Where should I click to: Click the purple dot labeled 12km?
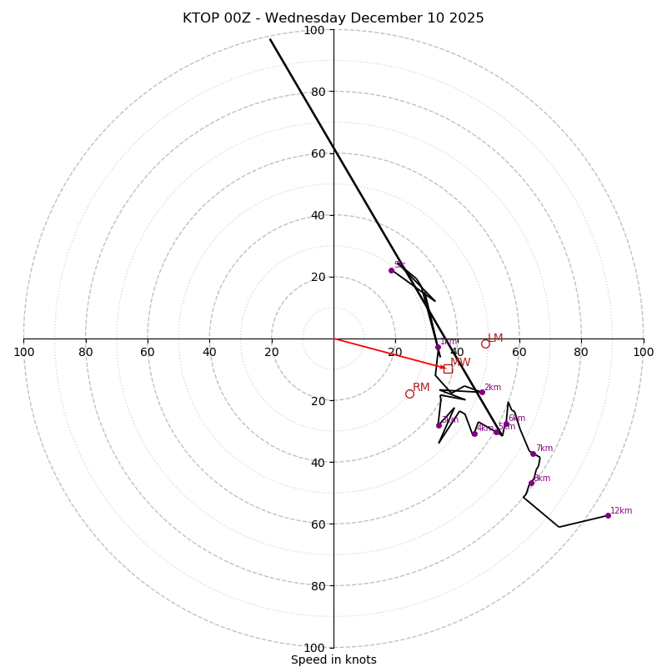[x=608, y=515]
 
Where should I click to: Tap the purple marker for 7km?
[x=533, y=454]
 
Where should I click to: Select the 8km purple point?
[x=531, y=483]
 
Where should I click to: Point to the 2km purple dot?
[x=482, y=392]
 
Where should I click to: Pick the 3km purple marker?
[x=439, y=425]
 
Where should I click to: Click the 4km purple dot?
[x=474, y=434]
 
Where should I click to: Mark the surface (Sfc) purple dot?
[x=391, y=270]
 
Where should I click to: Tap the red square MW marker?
[x=448, y=369]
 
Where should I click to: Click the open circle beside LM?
[x=485, y=344]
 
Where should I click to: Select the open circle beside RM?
[x=409, y=394]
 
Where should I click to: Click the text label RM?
[x=421, y=388]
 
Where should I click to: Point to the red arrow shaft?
[x=388, y=353]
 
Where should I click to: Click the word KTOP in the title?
[x=201, y=18]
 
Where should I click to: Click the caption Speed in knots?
[x=333, y=660]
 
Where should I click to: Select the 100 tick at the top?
[x=314, y=30]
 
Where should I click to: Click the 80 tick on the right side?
[x=581, y=352]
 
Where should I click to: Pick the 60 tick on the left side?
[x=148, y=352]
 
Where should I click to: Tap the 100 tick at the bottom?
[x=314, y=648]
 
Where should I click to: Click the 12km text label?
[x=621, y=511]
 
